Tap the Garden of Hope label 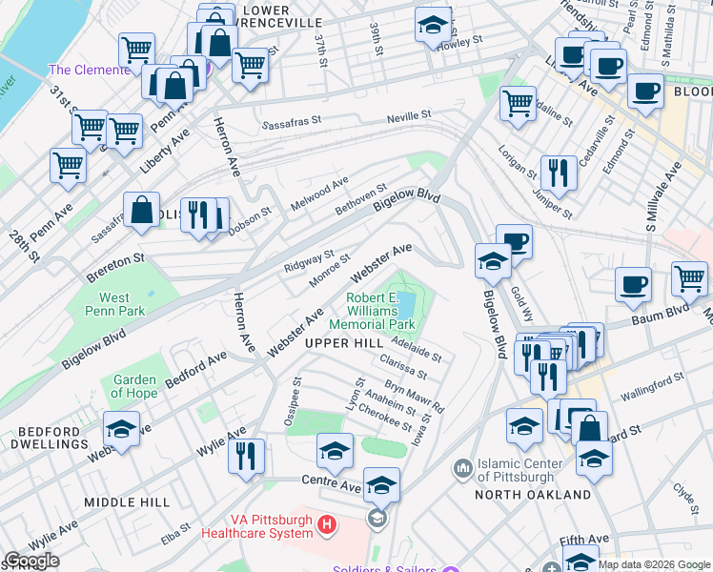[133, 386]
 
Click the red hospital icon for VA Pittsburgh [327, 524]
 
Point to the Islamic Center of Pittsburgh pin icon [463, 468]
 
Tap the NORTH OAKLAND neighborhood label [539, 494]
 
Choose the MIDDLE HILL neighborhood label [127, 501]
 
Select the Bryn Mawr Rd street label [415, 399]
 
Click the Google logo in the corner [31, 561]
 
